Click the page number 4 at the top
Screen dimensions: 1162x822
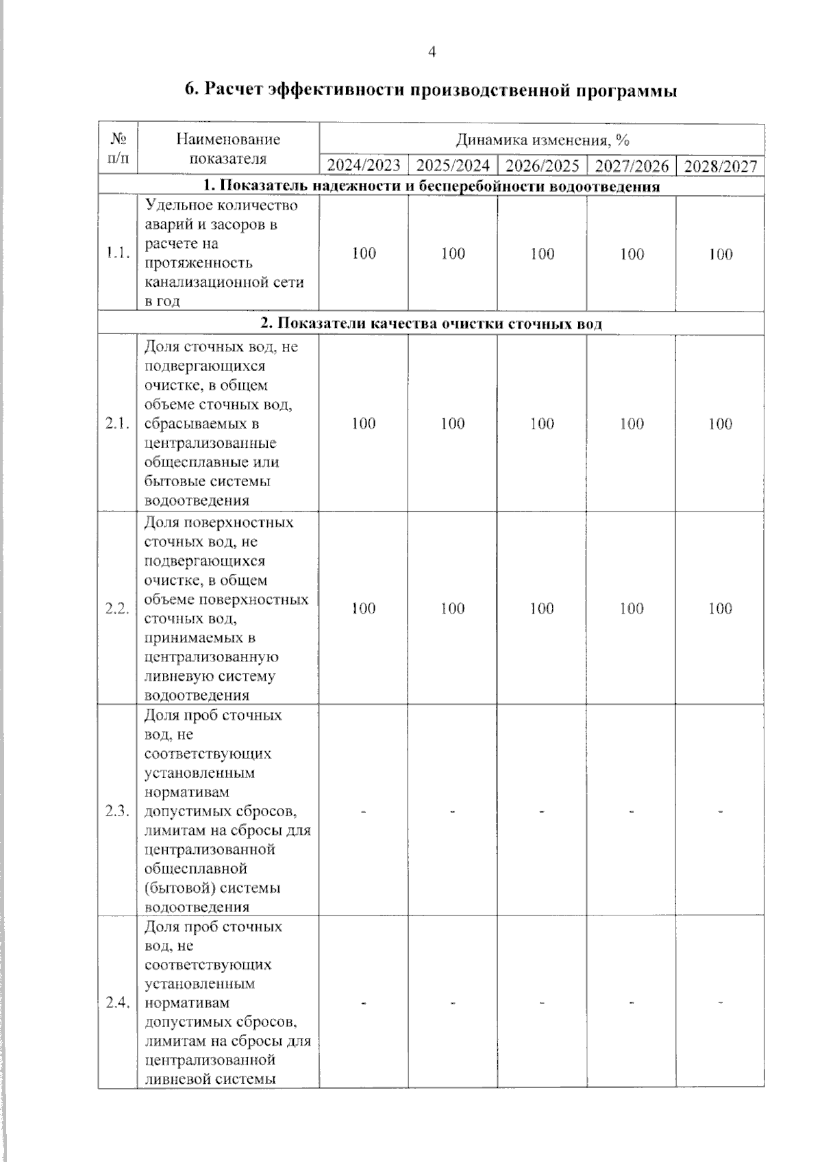coord(432,52)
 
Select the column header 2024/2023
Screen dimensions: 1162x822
coord(364,166)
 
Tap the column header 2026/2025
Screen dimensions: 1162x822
coord(542,166)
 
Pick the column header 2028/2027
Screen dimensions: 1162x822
coord(720,166)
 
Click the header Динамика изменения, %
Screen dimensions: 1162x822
coord(542,140)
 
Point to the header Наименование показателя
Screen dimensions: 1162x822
coord(228,149)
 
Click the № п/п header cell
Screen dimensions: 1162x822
coord(118,149)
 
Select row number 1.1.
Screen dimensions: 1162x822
coord(118,253)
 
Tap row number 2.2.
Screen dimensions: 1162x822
coord(118,609)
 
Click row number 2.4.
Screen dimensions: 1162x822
coord(118,1003)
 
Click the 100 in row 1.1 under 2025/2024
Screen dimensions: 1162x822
coord(453,253)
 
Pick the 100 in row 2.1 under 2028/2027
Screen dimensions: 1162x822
coord(720,424)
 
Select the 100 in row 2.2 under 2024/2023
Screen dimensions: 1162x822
coord(364,609)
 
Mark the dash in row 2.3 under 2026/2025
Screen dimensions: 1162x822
coord(542,811)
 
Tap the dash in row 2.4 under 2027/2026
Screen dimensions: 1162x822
coord(631,1003)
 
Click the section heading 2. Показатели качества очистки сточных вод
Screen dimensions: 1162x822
coord(431,324)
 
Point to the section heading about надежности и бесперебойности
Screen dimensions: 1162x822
coord(431,186)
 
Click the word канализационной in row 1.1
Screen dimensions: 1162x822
coord(205,282)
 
